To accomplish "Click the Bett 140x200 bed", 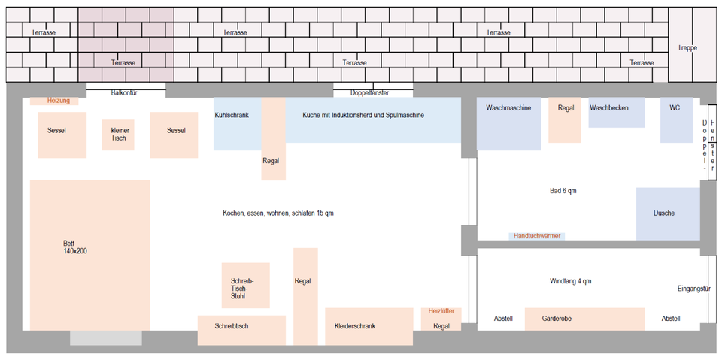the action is [x=89, y=254].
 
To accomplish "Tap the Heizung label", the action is [x=58, y=101].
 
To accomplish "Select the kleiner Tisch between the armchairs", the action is [x=118, y=135].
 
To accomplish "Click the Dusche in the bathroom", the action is [x=664, y=213].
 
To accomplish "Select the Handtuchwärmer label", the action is [x=536, y=236].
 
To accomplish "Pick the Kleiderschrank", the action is [x=369, y=326].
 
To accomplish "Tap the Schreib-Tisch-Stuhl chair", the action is [x=245, y=286].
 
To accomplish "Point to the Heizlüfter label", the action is [x=441, y=310].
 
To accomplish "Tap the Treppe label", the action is [x=687, y=47].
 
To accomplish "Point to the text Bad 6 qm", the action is [x=563, y=191].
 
